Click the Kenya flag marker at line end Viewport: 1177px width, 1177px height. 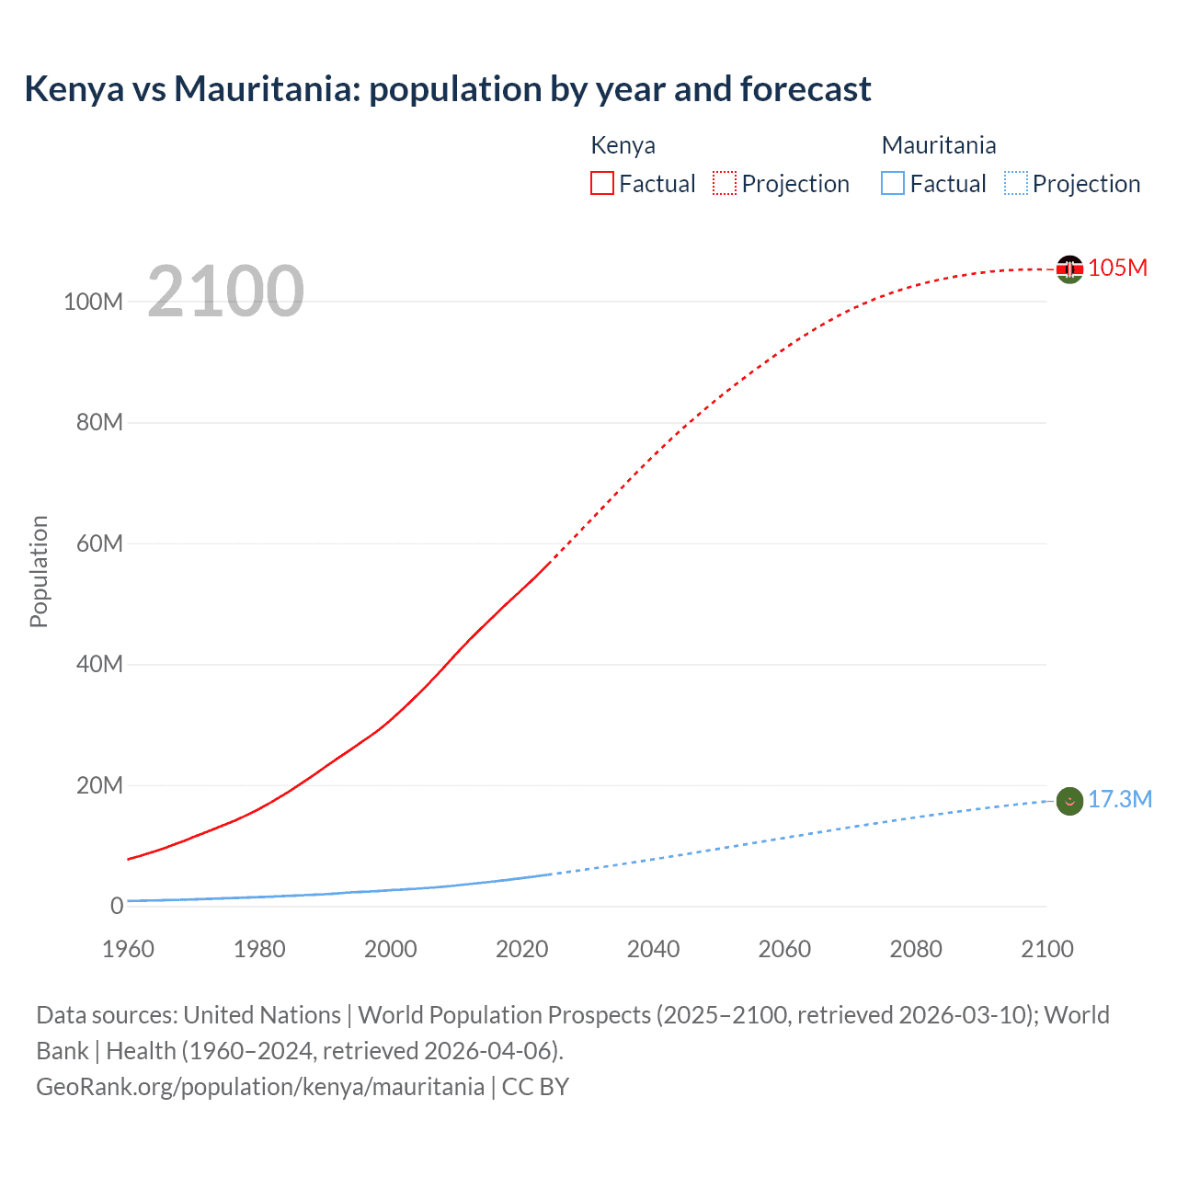[x=1069, y=269]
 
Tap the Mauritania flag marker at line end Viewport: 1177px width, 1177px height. [x=1069, y=801]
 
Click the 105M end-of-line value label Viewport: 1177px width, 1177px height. [x=1117, y=268]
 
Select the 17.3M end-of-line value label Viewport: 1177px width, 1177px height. [x=1119, y=799]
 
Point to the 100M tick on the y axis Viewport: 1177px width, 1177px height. [x=93, y=302]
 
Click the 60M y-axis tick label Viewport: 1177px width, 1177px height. [x=99, y=543]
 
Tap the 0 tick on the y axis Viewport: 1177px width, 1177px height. [x=117, y=906]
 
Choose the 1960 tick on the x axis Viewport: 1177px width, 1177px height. [x=128, y=949]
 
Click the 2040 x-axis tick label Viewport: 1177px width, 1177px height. [x=653, y=949]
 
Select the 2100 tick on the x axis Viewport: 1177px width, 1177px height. [x=1046, y=949]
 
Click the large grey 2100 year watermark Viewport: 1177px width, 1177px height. [x=225, y=291]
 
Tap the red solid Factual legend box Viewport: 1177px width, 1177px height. [x=601, y=183]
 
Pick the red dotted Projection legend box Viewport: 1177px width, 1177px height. [x=725, y=183]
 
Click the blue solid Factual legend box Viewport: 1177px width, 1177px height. [x=893, y=183]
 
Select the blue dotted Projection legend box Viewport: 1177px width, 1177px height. [x=1016, y=183]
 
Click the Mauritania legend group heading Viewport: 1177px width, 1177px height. [x=938, y=145]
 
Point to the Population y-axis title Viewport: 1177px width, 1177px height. [x=39, y=571]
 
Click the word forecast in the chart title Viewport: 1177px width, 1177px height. [x=805, y=89]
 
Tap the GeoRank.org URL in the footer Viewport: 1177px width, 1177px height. [x=260, y=1086]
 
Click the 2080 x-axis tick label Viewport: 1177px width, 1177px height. [x=915, y=949]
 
